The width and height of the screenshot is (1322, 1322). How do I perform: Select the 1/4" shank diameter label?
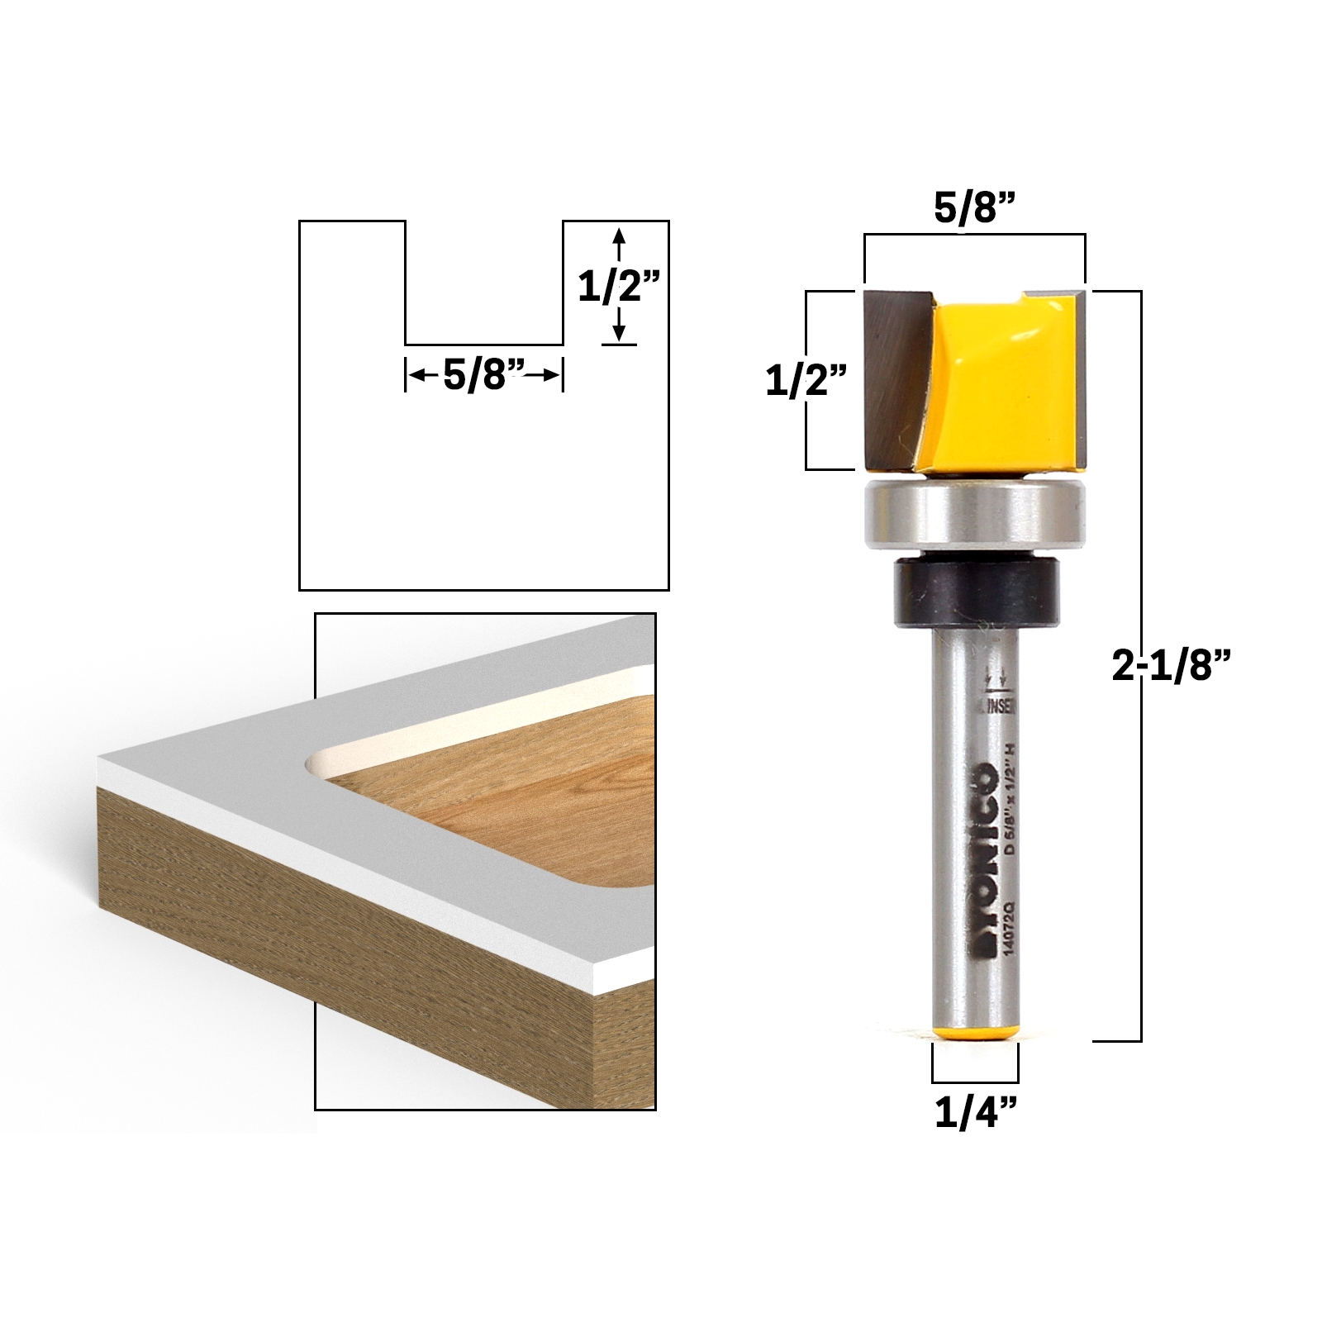(x=974, y=1114)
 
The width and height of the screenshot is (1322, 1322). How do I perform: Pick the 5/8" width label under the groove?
(x=484, y=376)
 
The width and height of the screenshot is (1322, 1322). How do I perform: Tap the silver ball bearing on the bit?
(x=973, y=517)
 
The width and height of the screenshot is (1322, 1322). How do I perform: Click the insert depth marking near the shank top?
(x=997, y=698)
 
